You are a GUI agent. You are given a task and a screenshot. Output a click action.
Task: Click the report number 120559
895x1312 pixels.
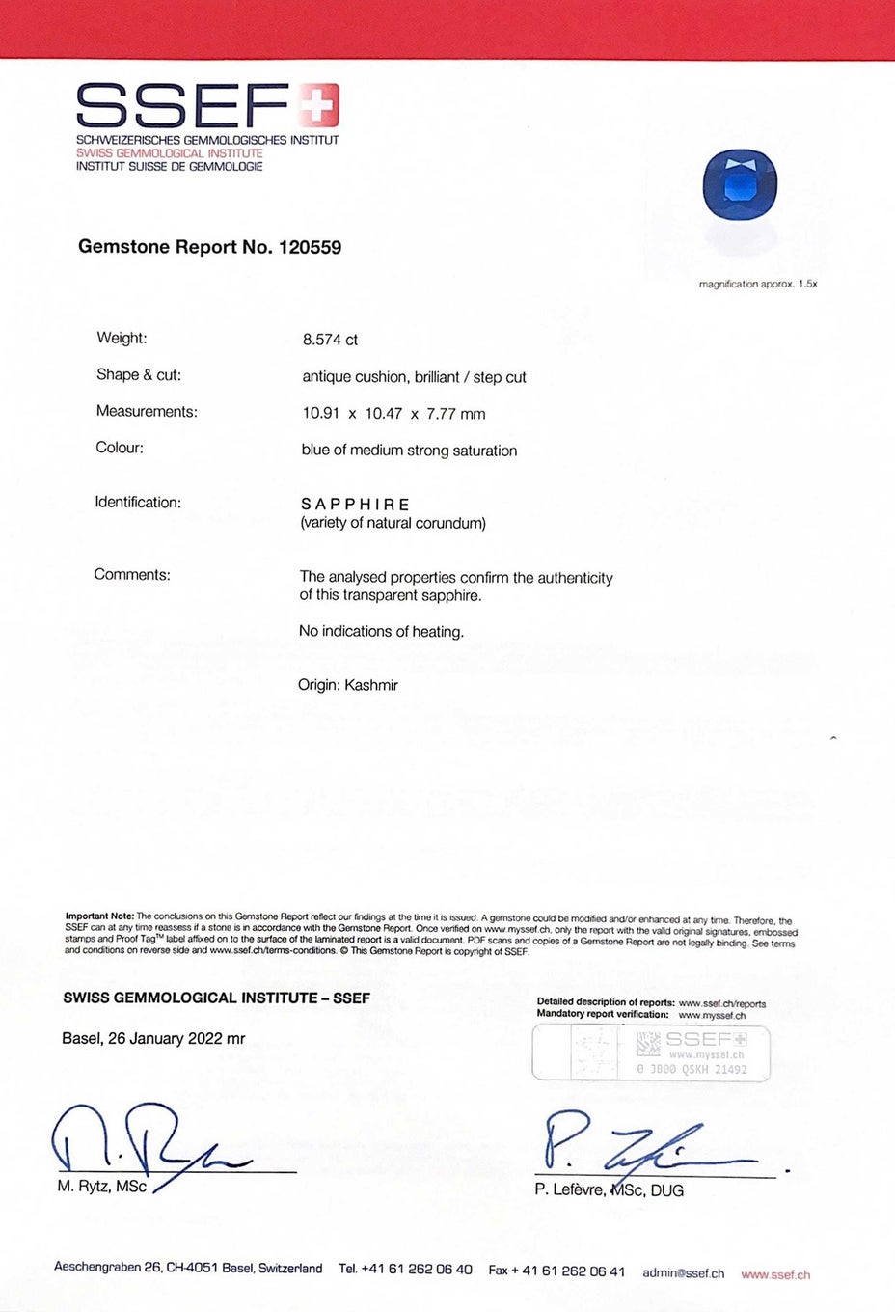click(310, 247)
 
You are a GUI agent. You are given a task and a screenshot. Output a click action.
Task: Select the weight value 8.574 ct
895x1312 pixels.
click(330, 340)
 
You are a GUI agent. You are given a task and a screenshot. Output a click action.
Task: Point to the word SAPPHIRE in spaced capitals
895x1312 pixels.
click(355, 505)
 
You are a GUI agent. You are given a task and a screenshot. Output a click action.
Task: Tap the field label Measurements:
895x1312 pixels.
click(147, 412)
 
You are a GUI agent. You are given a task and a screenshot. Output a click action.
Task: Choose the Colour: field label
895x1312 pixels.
click(120, 448)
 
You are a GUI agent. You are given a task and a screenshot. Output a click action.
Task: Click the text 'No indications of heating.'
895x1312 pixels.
click(381, 632)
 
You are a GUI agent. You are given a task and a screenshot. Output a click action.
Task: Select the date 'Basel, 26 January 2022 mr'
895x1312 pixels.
click(153, 1039)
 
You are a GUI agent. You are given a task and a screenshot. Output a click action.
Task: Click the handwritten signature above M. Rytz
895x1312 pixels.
click(145, 1143)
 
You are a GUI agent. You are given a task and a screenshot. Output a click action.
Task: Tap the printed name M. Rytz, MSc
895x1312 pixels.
click(101, 1187)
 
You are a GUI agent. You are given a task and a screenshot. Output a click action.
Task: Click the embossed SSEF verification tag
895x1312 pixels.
click(651, 1052)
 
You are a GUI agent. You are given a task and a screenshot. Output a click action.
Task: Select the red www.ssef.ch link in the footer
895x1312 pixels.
click(775, 1274)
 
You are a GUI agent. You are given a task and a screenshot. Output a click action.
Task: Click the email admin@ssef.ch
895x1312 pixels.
click(683, 1273)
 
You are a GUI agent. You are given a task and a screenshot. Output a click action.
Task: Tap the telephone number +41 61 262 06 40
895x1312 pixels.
click(417, 1270)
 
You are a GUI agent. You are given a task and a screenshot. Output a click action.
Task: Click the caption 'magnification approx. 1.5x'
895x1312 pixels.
click(758, 285)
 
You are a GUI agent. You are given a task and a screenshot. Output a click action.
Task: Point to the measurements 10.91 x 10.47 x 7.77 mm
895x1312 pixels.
click(393, 414)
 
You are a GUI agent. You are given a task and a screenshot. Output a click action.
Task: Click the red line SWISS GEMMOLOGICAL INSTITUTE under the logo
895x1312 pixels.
click(169, 153)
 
